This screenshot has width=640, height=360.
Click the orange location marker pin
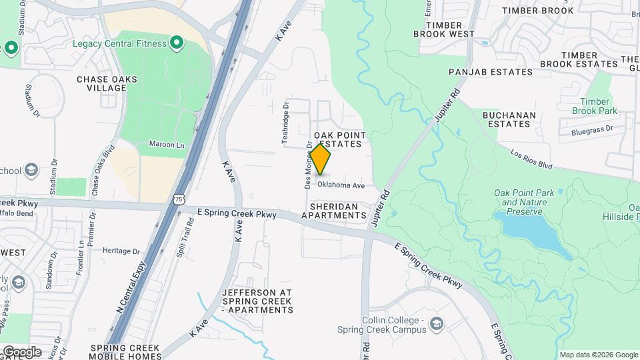(x=321, y=159)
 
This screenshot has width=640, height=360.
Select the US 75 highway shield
(x=178, y=198)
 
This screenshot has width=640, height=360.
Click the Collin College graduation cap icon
(x=437, y=324)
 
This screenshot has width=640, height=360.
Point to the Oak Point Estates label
(x=340, y=139)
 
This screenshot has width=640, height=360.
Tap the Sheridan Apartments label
(x=334, y=211)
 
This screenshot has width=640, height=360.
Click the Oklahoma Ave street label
(x=341, y=185)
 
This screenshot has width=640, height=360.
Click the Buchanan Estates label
(x=509, y=119)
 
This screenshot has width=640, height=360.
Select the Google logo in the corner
(x=21, y=351)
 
